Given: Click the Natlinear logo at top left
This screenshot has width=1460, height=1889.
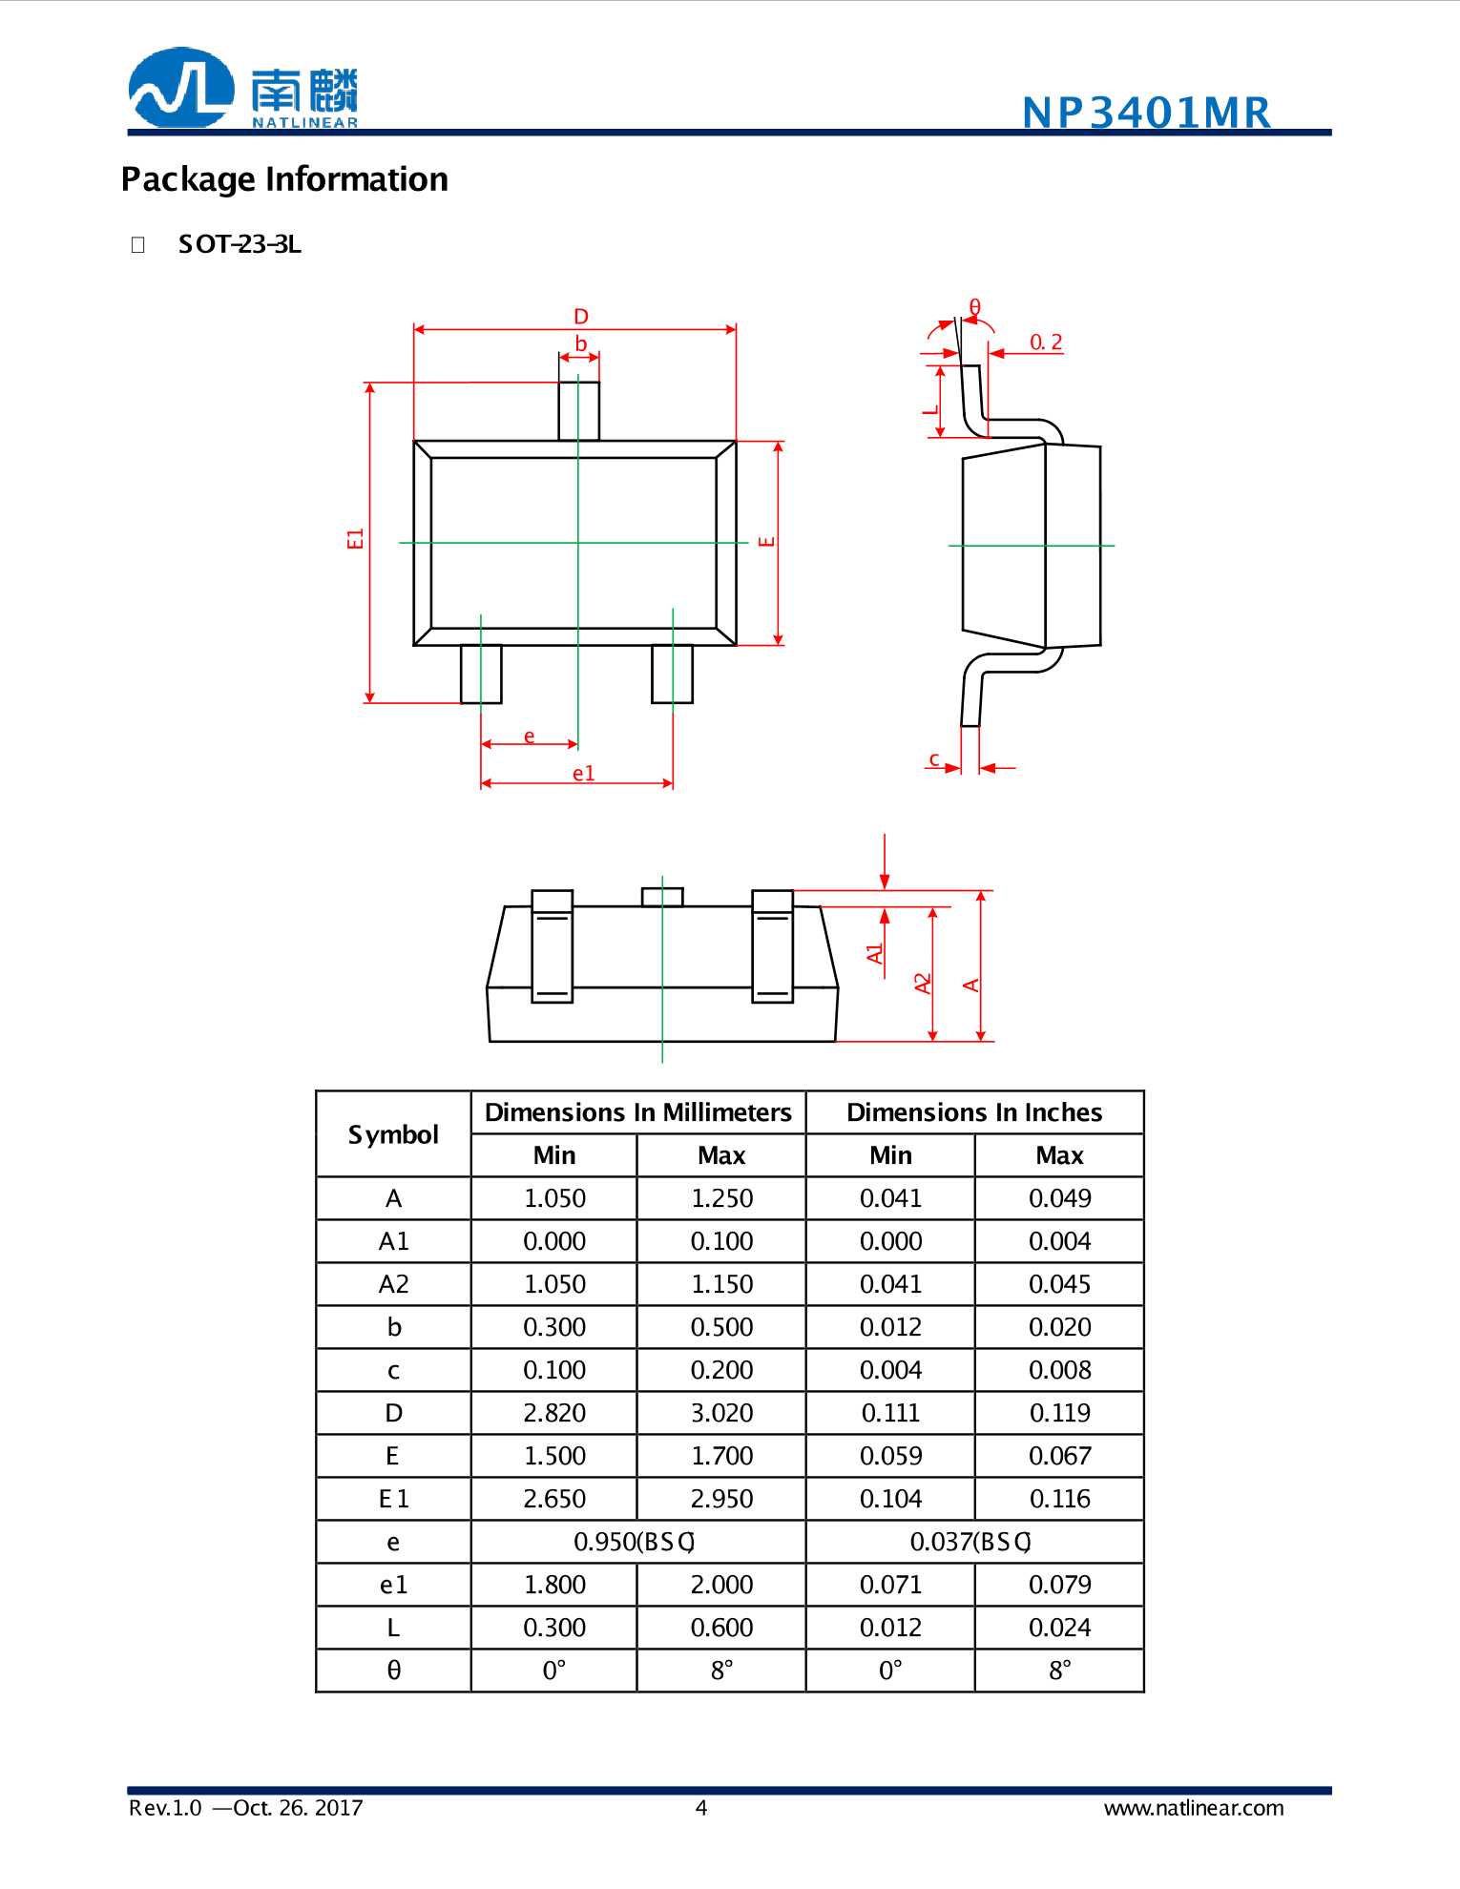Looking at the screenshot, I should click(x=242, y=89).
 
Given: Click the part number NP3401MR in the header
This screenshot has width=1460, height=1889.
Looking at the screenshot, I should click(x=1146, y=113).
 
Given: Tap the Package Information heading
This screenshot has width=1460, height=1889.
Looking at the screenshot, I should click(x=284, y=179).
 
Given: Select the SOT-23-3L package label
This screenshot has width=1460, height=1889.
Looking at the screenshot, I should click(x=240, y=244).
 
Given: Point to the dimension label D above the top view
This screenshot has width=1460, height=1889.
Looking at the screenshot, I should click(x=581, y=316).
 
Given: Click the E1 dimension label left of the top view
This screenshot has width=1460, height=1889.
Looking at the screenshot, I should click(x=355, y=538).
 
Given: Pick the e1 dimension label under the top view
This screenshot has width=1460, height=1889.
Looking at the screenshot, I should click(x=583, y=773).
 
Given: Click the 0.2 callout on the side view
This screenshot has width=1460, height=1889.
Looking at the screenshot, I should click(x=1045, y=342).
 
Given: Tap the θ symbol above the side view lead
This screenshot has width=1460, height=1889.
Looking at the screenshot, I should click(x=974, y=306).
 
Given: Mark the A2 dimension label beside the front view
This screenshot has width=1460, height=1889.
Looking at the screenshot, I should click(x=922, y=983).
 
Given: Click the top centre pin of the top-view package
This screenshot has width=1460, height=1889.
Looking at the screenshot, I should click(x=578, y=410).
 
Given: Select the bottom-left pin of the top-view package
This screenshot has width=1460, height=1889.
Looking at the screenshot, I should click(x=481, y=674).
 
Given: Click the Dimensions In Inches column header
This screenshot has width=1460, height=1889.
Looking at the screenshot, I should click(x=973, y=1112).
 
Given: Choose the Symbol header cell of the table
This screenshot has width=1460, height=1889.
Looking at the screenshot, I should click(x=393, y=1134).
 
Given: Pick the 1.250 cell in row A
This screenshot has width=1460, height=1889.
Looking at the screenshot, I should click(x=721, y=1198).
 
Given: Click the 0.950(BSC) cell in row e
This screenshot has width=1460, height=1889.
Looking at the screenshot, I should click(x=636, y=1542).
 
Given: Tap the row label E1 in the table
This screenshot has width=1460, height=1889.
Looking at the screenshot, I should click(x=393, y=1499).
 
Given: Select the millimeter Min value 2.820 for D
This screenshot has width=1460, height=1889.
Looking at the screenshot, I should click(x=553, y=1413).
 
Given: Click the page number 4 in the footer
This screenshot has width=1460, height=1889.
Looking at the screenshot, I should click(x=701, y=1808).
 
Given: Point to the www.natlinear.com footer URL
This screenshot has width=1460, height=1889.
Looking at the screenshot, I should click(x=1193, y=1808).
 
